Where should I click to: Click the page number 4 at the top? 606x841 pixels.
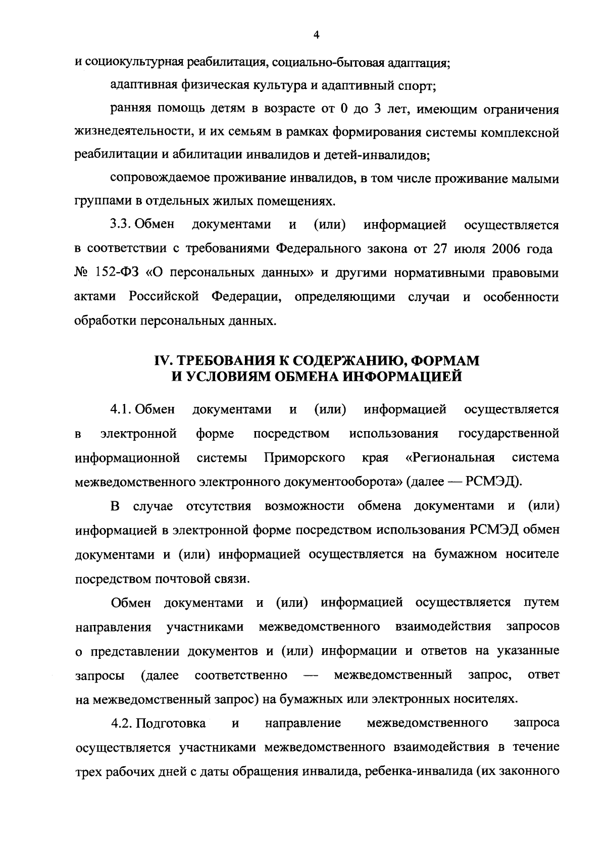(x=316, y=35)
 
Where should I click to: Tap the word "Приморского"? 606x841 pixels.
(x=305, y=458)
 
